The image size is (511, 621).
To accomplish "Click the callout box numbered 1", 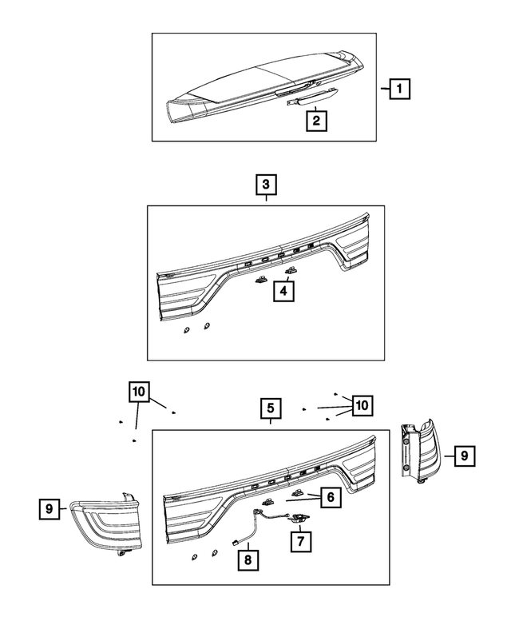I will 399,90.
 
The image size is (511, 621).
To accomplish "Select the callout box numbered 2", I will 316,121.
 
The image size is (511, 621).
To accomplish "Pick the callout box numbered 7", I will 300,541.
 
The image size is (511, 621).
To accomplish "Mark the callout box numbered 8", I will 248,560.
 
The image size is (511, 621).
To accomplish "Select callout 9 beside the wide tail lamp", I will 49,508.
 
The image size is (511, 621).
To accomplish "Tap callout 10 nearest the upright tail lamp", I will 361,405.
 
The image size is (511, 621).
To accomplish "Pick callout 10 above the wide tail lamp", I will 138,392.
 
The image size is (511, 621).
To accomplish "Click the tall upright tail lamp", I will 420,451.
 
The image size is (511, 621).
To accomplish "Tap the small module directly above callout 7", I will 301,519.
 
